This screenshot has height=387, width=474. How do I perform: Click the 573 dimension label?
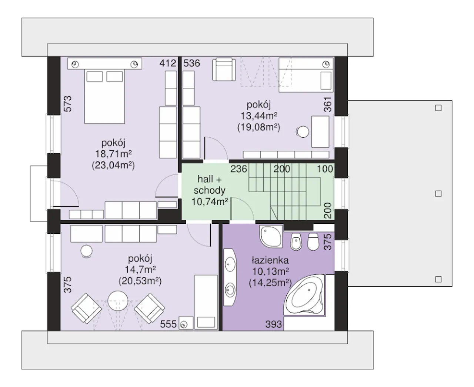[68, 104]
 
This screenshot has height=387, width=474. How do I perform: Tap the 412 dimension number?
[168, 63]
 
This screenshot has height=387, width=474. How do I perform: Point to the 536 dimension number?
[192, 63]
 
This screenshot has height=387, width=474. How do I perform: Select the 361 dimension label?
[328, 104]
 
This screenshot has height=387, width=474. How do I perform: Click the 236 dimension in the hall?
[239, 169]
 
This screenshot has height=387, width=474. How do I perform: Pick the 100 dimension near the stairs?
[325, 169]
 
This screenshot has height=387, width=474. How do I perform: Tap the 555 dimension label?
[168, 324]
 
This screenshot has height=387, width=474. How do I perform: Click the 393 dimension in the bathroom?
[274, 324]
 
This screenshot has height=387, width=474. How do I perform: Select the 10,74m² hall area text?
[210, 201]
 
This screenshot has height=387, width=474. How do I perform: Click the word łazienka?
[270, 260]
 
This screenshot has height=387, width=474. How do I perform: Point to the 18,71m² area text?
[113, 154]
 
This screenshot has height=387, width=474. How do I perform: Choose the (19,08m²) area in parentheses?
[259, 127]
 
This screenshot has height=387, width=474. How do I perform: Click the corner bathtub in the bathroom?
[304, 295]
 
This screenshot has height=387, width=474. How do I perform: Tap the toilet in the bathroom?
[313, 242]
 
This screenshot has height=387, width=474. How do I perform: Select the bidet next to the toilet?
[296, 242]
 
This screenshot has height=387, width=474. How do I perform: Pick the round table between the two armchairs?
[118, 301]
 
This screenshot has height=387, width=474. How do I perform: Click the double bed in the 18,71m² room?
[104, 96]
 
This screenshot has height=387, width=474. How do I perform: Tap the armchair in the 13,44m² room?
[224, 69]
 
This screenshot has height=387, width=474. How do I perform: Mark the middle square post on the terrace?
[438, 194]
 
